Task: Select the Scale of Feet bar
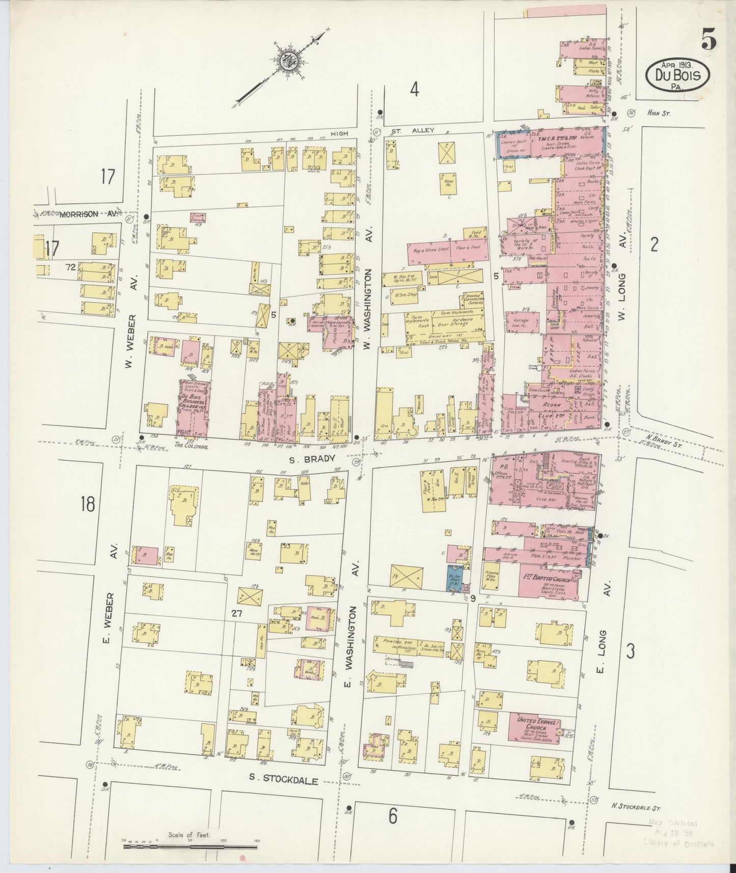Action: [192, 845]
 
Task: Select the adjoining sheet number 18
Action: [87, 504]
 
